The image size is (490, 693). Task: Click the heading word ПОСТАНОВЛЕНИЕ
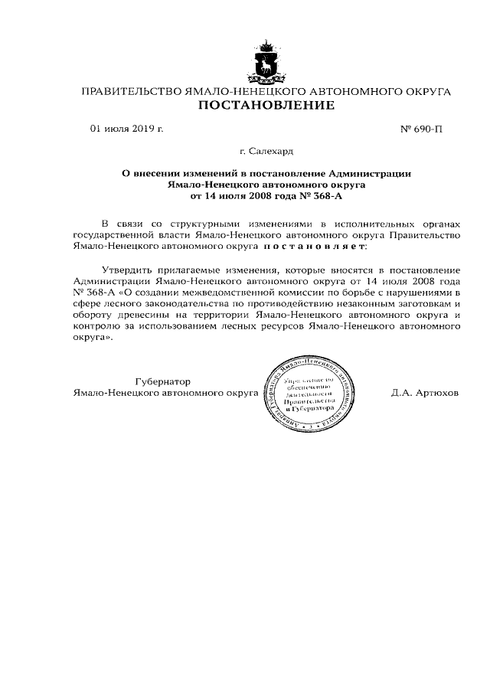(x=266, y=106)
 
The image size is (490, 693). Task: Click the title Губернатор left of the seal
(x=164, y=381)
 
